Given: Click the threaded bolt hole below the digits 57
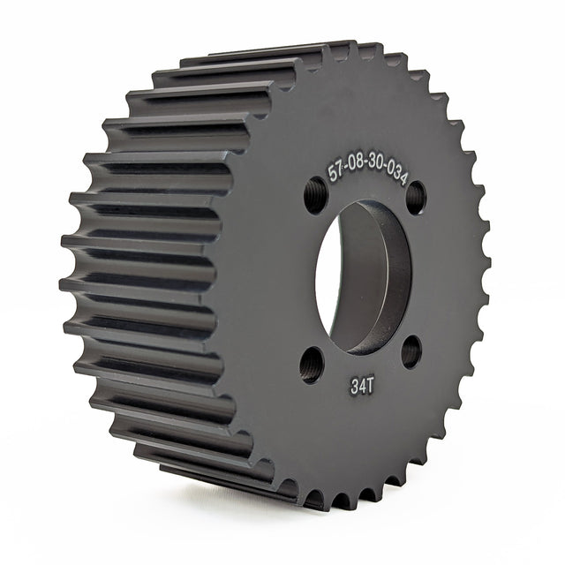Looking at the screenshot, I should (315, 195).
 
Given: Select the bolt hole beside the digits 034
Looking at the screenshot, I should (416, 197).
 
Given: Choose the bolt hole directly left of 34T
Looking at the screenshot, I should (312, 363).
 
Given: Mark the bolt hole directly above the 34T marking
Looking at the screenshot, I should (411, 351).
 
